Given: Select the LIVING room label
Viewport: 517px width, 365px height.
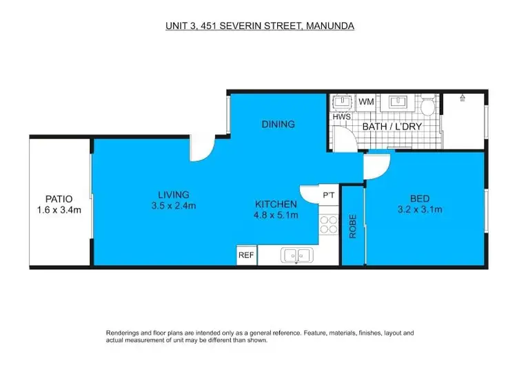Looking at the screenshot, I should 172,194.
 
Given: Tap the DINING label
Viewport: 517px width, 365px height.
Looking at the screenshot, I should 278,125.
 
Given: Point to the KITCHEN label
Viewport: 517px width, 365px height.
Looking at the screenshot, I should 276,204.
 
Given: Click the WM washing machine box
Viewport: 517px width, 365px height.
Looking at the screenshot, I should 365,102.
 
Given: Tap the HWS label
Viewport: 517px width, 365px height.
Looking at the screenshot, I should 342,116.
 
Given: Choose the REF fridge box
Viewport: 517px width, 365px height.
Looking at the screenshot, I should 246,255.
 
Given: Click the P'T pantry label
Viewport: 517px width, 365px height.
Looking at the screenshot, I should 329,196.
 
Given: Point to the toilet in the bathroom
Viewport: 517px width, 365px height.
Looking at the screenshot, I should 427,106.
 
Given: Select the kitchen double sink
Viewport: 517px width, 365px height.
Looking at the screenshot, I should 296,255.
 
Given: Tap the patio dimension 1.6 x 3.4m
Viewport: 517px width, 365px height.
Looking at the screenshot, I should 59,210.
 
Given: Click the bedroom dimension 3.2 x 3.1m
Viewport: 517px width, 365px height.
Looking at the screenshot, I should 419,209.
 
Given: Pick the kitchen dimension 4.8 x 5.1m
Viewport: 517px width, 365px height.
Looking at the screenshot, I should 276,215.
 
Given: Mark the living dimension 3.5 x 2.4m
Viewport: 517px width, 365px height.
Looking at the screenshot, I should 172,205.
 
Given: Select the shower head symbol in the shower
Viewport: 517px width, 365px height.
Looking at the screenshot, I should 463,98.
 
